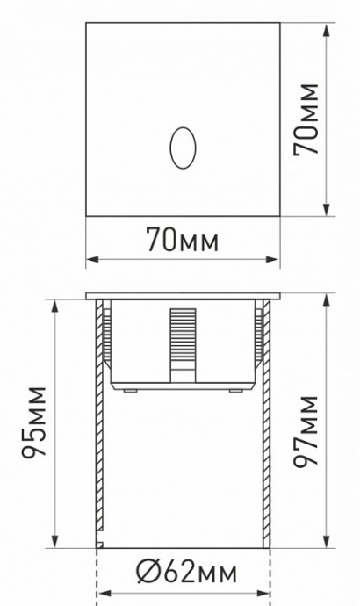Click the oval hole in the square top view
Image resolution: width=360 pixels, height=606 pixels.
click(183, 146)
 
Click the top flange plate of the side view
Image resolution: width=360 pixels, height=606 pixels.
click(183, 295)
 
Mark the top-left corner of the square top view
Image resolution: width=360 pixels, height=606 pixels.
click(87, 22)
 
